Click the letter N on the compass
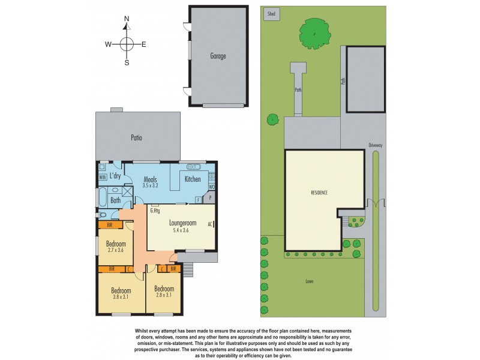pyautogui.click(x=127, y=19)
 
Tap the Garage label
pyautogui.click(x=218, y=56)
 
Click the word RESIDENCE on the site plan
pyautogui.click(x=319, y=193)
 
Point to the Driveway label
pyautogui.click(x=376, y=145)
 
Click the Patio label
pyautogui.click(x=136, y=137)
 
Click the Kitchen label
pyautogui.click(x=193, y=179)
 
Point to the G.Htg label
pyautogui.click(x=155, y=211)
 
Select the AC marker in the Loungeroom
pyautogui.click(x=210, y=224)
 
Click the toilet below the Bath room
pyautogui.click(x=101, y=214)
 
